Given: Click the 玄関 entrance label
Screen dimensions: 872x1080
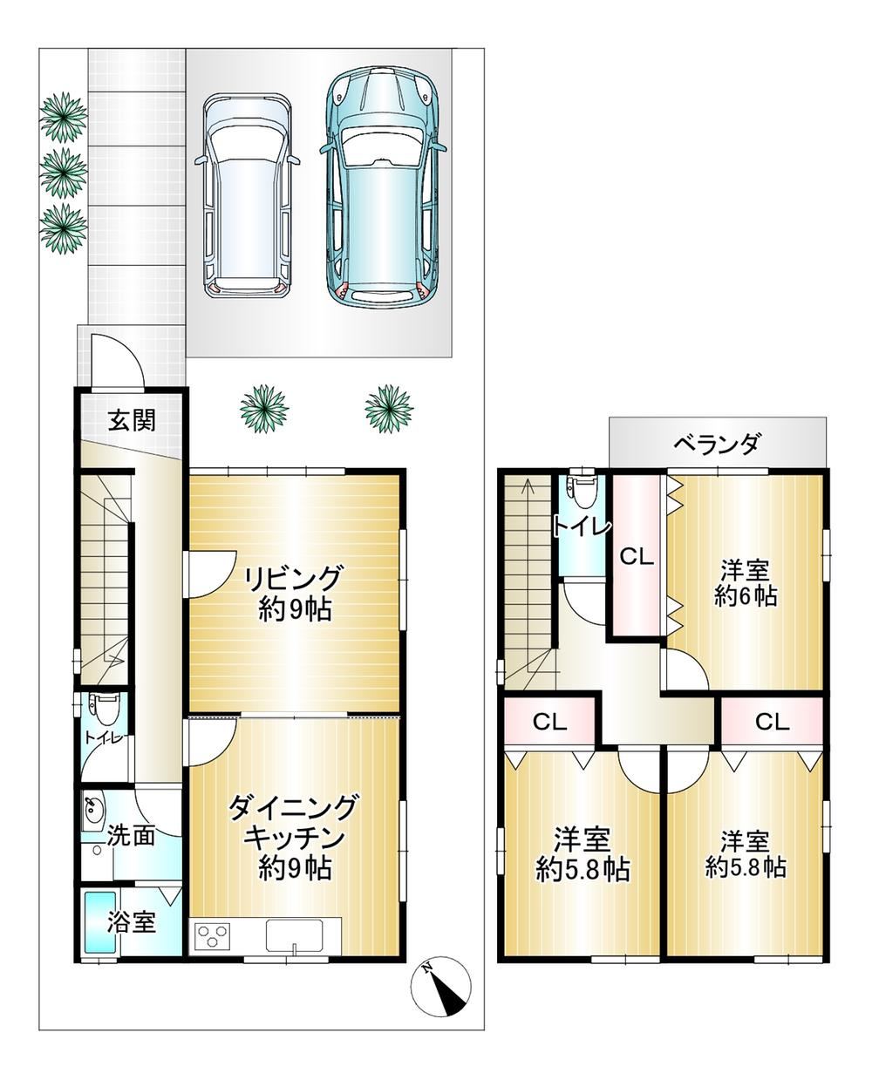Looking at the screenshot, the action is [x=132, y=421].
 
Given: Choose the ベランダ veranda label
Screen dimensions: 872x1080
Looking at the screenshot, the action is [x=716, y=443].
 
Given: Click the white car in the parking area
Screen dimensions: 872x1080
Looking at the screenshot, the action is [x=247, y=195].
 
